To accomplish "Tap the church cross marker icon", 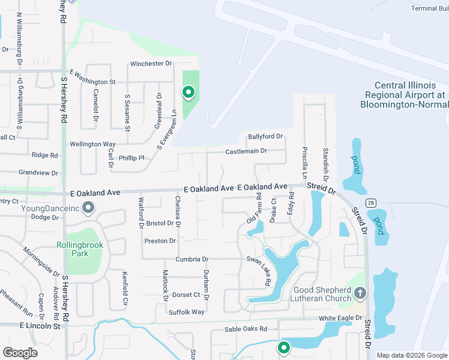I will (x=360, y=293).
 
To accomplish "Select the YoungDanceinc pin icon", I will (x=88, y=208).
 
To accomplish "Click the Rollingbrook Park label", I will (x=80, y=249).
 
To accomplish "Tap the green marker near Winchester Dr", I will (x=188, y=92).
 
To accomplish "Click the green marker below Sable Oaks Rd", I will (x=284, y=347).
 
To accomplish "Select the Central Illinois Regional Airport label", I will (x=405, y=95).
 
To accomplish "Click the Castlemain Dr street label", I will (x=246, y=151).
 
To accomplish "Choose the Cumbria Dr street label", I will (x=191, y=259).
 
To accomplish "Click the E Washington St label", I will (x=92, y=77).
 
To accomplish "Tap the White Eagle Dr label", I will (x=341, y=318).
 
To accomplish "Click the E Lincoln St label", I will (x=40, y=326).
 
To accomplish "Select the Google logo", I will (x=20, y=353).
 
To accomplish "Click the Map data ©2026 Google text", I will (x=412, y=355).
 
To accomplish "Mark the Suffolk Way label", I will (x=187, y=312).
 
